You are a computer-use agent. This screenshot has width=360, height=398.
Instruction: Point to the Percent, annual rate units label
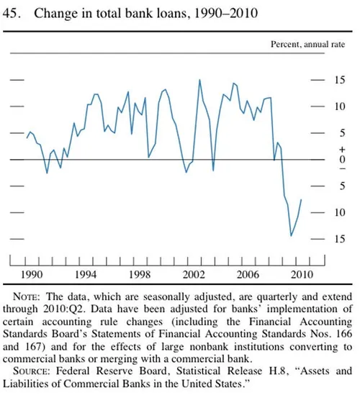pyautogui.click(x=308, y=45)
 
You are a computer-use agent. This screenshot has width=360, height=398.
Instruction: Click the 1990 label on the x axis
pyautogui.click(x=32, y=275)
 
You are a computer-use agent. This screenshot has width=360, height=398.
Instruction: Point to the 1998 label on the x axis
pyautogui.click(x=140, y=275)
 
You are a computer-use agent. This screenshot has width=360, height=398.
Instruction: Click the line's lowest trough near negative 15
pyautogui.click(x=291, y=235)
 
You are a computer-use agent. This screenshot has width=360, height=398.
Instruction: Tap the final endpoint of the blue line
pyautogui.click(x=301, y=200)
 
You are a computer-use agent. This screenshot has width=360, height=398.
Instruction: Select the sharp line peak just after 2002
pyautogui.click(x=199, y=79)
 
